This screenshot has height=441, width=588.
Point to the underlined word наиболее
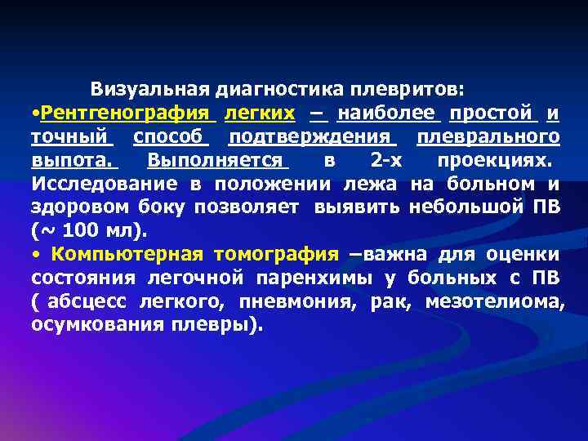[x=389, y=111]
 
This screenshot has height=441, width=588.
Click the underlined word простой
[x=492, y=111]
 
